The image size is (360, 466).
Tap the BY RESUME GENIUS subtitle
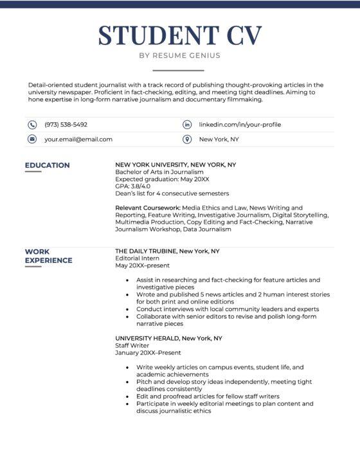pos(179,55)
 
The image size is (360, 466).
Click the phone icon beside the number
pos(32,125)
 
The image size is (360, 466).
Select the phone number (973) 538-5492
pos(66,125)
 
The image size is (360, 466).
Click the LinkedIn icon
pos(187,125)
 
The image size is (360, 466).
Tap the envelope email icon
pos(32,139)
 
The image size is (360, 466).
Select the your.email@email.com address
pos(78,139)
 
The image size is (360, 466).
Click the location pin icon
pos(187,139)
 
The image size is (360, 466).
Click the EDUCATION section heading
pos(47,165)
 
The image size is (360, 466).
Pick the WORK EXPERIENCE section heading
pos(48,256)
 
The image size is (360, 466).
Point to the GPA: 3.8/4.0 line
pos(132,186)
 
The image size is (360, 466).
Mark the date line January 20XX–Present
pos(148,353)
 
